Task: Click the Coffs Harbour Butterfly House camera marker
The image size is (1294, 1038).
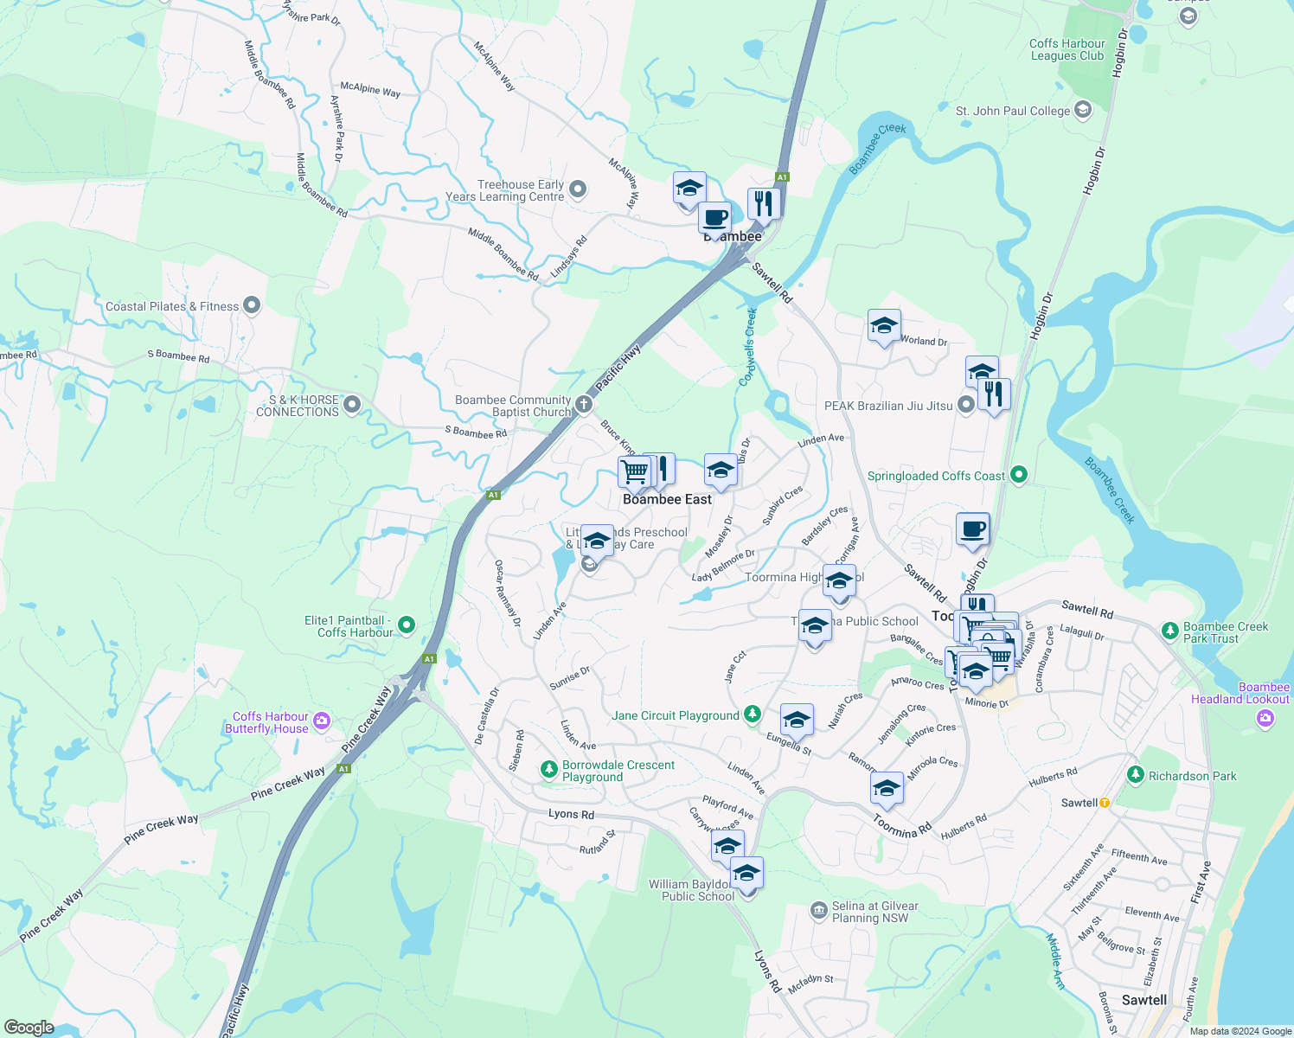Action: tap(322, 721)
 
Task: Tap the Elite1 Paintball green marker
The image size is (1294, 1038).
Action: tap(407, 625)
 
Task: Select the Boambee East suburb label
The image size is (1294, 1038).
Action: tap(667, 499)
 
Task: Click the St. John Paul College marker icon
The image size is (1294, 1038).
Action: tap(1082, 110)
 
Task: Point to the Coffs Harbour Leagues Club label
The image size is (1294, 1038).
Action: tap(1067, 50)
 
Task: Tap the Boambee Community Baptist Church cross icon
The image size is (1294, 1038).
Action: tap(584, 404)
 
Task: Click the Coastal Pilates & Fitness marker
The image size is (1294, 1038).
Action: tap(252, 304)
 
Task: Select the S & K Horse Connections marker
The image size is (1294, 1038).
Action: tap(351, 404)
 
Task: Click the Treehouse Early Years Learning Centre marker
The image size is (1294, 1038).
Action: tap(579, 189)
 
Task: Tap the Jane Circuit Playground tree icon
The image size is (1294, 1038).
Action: tap(753, 714)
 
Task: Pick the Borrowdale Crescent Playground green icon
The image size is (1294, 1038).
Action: tap(548, 769)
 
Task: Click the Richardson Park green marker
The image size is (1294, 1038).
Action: tap(1136, 774)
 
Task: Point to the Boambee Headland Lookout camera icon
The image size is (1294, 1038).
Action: tap(1265, 717)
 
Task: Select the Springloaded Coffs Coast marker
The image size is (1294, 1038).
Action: tap(1019, 474)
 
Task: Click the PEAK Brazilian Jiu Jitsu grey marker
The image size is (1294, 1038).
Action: tap(966, 405)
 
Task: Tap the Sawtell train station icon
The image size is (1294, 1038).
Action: tap(1105, 803)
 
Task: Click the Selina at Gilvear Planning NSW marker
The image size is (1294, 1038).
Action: tap(818, 910)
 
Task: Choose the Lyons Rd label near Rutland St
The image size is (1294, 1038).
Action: tap(571, 814)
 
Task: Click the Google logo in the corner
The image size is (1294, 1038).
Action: tap(29, 1027)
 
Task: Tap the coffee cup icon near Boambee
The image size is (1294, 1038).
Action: tap(715, 217)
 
